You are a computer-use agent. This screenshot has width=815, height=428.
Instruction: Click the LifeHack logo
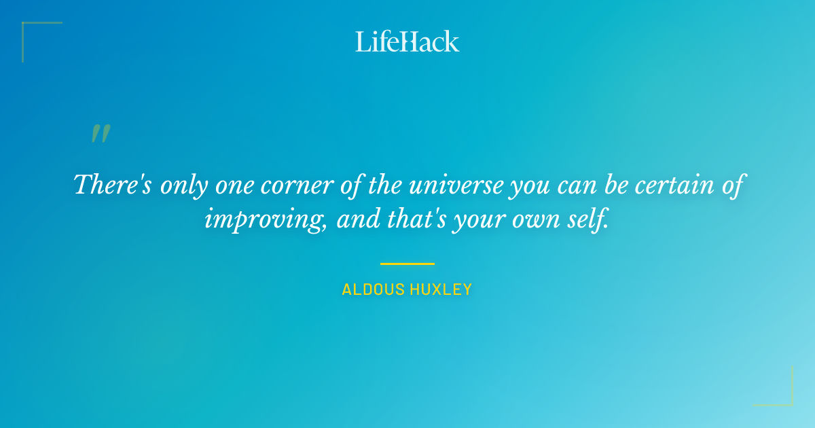[407, 41]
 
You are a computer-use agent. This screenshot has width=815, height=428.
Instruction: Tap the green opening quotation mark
[101, 134]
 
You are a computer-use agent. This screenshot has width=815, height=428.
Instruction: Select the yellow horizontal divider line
[407, 264]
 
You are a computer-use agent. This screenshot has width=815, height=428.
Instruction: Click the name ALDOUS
[372, 290]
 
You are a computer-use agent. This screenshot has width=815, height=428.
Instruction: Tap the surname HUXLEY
[439, 290]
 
